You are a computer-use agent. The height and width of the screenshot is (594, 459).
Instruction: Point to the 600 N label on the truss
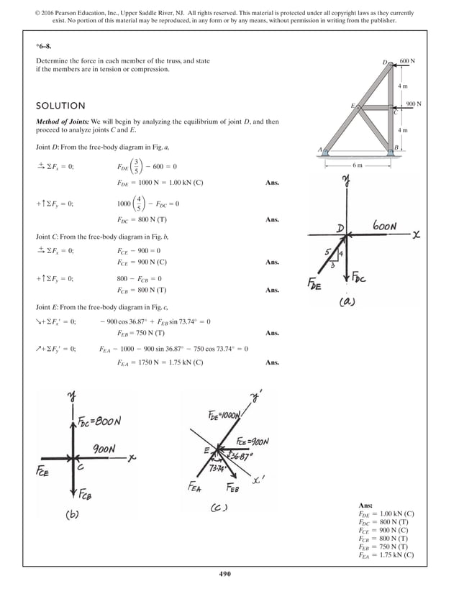[x=406, y=62]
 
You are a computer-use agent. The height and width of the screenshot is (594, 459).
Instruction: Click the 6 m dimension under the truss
[x=358, y=165]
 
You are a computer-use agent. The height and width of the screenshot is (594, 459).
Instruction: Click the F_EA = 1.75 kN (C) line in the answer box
[x=386, y=555]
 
